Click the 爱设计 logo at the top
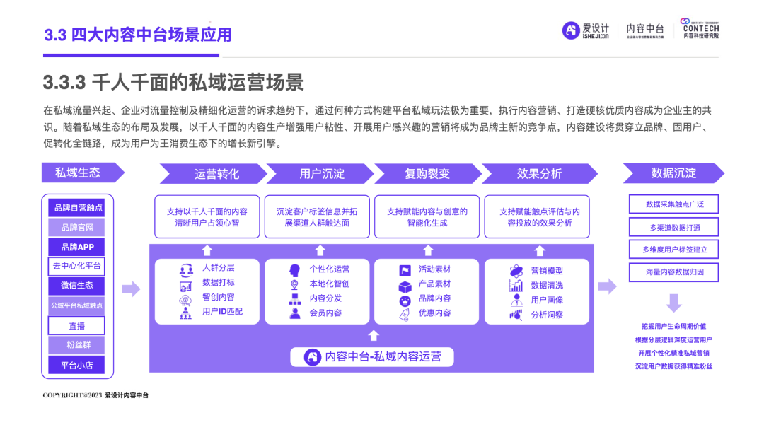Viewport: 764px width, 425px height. (585, 30)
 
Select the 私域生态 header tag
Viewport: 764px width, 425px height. (79, 173)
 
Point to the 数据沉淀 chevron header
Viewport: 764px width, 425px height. (673, 173)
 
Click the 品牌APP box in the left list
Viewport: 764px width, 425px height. (77, 248)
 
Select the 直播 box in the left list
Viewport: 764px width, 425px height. (77, 326)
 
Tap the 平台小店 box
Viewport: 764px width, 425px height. (77, 366)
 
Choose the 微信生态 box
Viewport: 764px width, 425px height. (77, 286)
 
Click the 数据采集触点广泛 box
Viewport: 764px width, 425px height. (673, 204)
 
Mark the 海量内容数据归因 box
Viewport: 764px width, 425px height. (673, 272)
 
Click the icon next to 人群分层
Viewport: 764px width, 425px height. (186, 269)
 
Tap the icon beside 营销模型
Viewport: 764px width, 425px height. (516, 271)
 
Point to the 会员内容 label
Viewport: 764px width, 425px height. (325, 313)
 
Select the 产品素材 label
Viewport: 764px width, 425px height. (434, 284)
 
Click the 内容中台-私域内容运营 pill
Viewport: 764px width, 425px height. (373, 357)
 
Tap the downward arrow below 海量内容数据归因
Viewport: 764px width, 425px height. (673, 303)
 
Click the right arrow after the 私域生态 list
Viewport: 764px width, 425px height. (131, 289)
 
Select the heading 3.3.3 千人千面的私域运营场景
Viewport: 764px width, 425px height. (173, 83)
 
